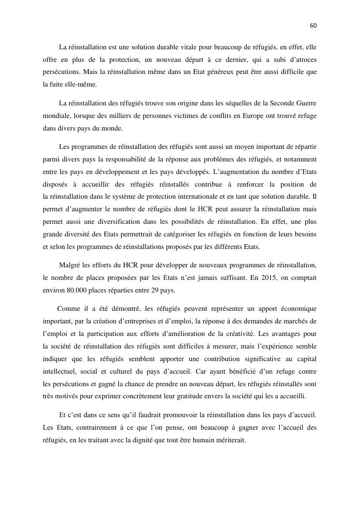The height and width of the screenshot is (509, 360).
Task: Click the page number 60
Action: (x=313, y=26)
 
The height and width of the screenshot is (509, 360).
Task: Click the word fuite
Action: (x=61, y=84)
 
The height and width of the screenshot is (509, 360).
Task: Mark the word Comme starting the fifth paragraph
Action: (x=67, y=309)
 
